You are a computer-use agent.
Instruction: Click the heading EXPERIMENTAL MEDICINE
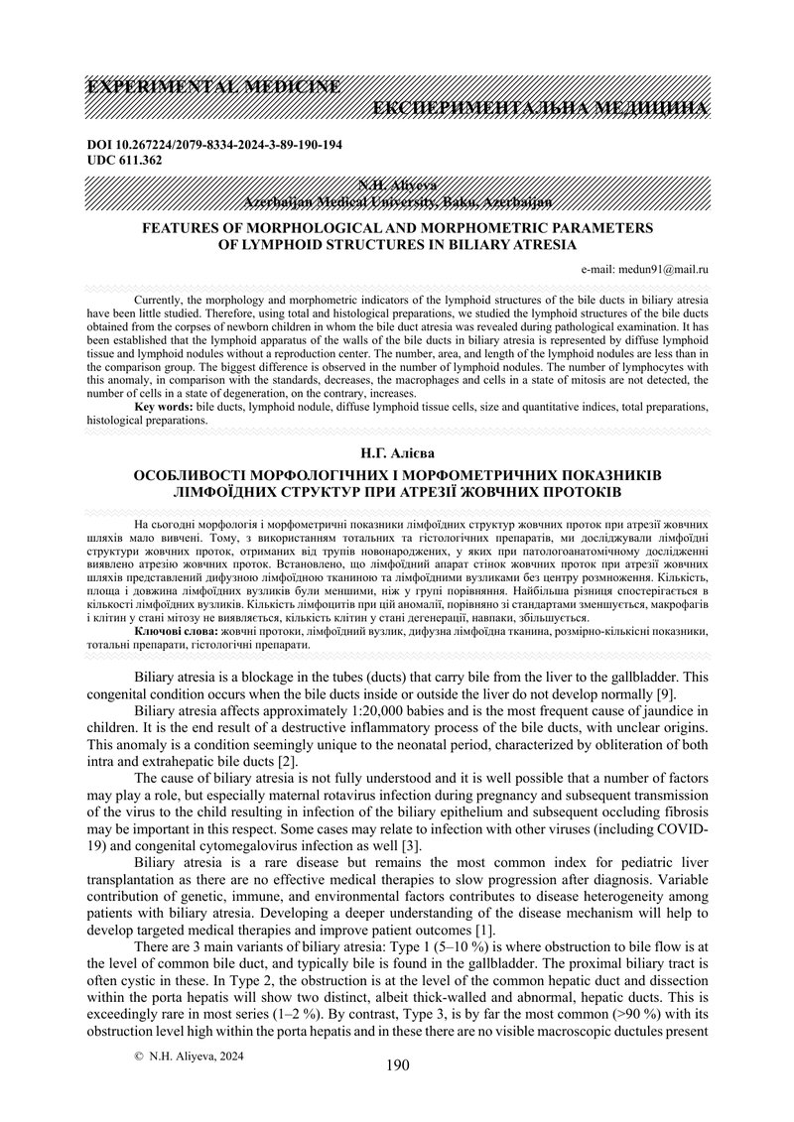tap(213, 87)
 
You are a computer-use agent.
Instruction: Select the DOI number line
tap(214, 145)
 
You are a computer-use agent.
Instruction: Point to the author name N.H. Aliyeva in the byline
tap(397, 186)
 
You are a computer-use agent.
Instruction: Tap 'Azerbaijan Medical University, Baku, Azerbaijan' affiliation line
tap(397, 201)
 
